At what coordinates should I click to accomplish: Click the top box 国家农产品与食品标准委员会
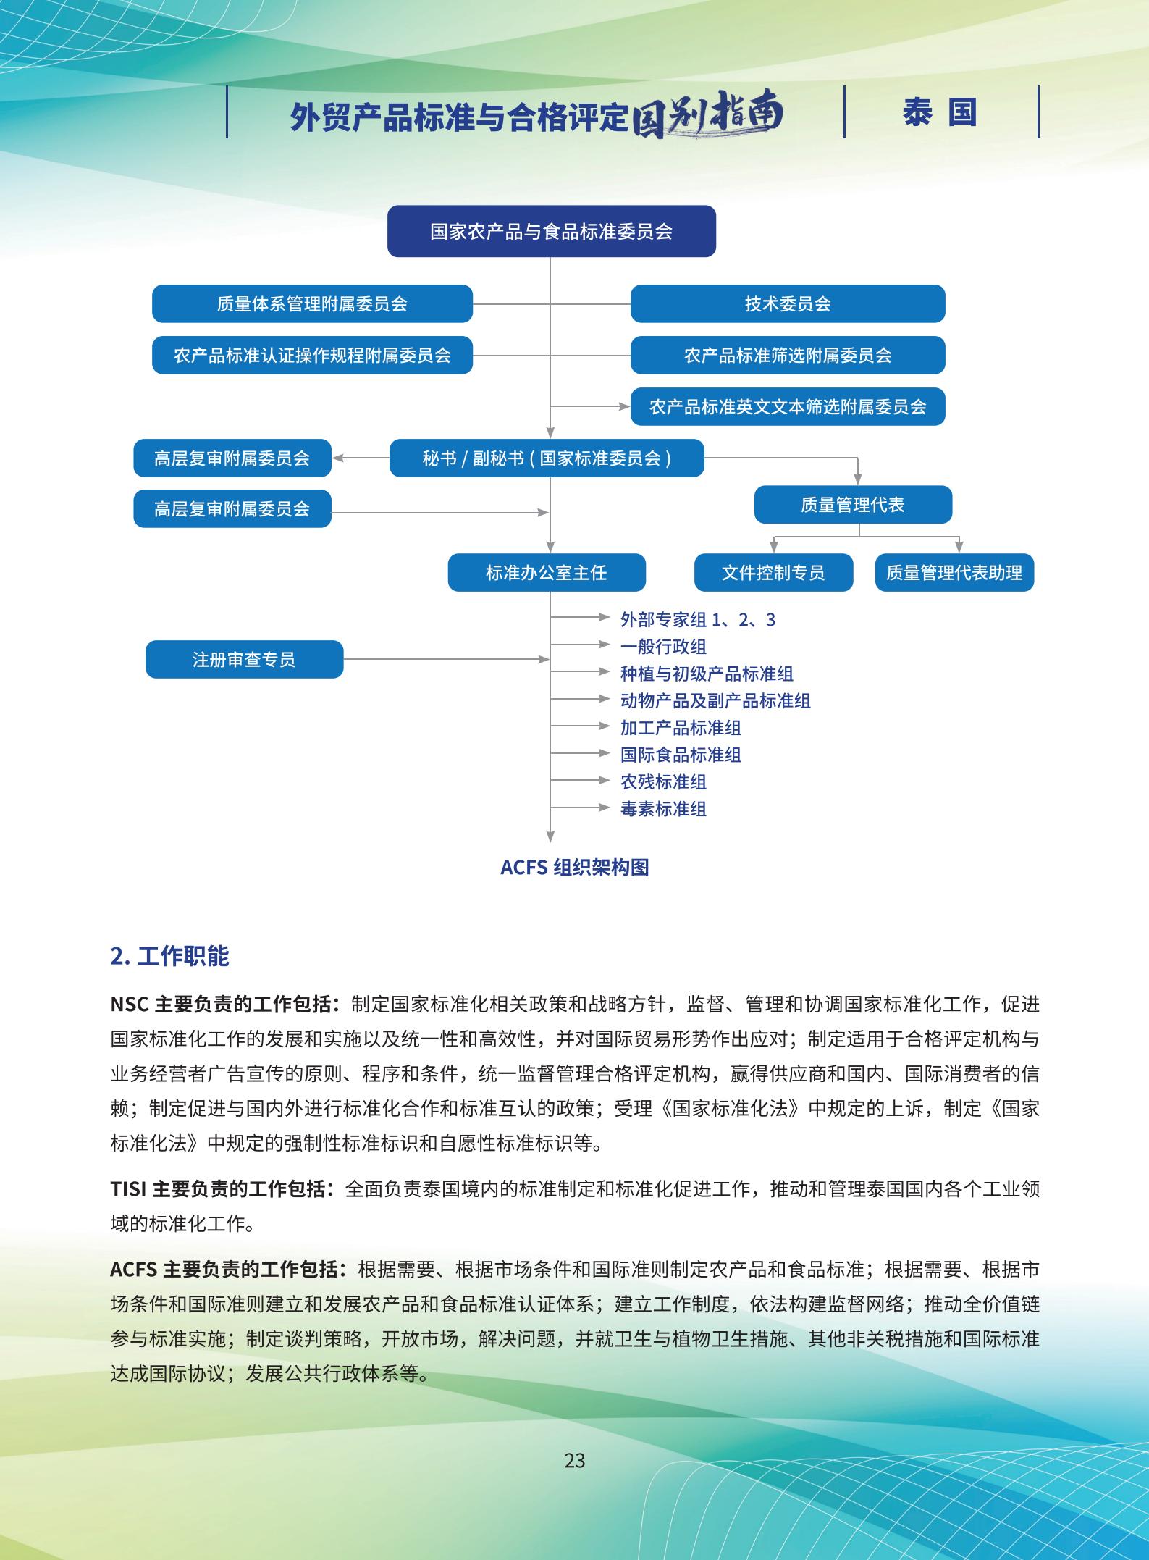point(551,231)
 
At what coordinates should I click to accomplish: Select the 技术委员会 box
point(787,303)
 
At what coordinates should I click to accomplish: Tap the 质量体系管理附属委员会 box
point(312,303)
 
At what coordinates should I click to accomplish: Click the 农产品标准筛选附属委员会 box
point(787,355)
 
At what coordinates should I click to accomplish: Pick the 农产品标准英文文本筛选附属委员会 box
point(787,406)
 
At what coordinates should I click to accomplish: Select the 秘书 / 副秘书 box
point(547,458)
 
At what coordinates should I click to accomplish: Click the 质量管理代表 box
point(852,505)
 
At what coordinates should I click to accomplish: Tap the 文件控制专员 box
point(773,573)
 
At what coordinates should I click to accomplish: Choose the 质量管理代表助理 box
point(954,573)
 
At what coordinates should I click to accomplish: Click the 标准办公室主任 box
point(547,573)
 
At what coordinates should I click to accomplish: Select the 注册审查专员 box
point(244,659)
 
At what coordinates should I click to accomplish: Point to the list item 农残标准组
point(663,781)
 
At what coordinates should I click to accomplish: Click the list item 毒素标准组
point(663,808)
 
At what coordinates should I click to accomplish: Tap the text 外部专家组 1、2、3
point(697,619)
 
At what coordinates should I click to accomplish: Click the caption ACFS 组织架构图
point(574,867)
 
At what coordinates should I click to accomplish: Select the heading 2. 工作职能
point(169,956)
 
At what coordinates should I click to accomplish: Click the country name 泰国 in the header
point(940,112)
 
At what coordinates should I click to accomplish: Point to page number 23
point(574,1460)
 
